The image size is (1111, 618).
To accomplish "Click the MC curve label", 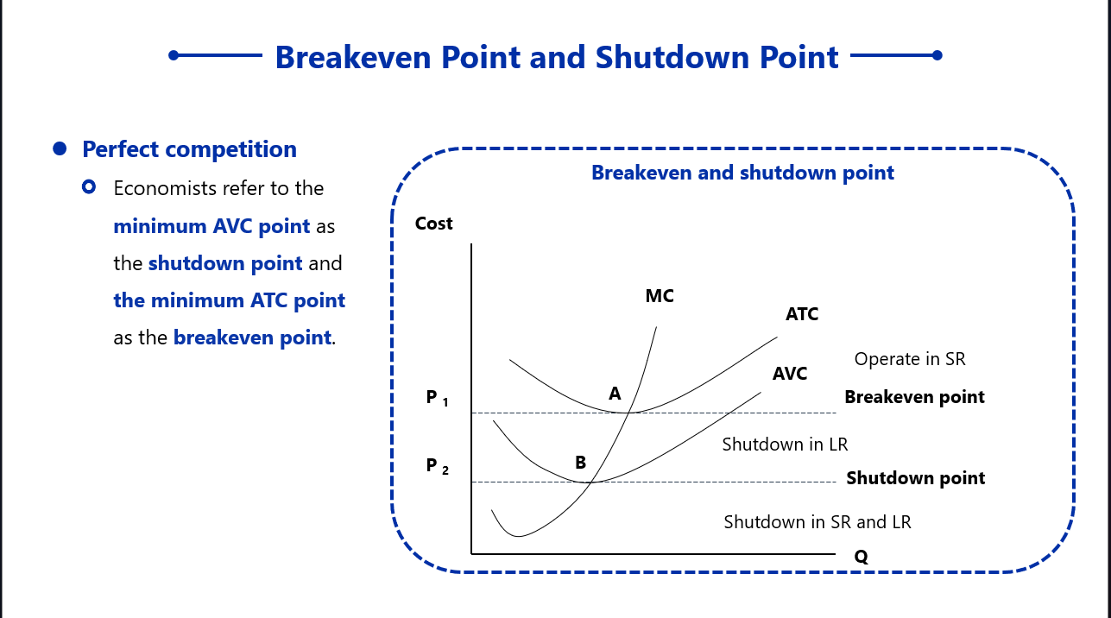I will (660, 296).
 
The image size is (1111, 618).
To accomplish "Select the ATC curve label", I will (802, 314).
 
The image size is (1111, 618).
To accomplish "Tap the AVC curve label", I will (790, 374).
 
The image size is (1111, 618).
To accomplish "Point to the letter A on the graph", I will (615, 394).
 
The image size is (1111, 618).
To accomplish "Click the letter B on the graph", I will (581, 463).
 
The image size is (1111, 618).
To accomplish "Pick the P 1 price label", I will (438, 398).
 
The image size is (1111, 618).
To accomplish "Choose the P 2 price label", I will (438, 466).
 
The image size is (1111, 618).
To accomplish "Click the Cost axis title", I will (433, 224).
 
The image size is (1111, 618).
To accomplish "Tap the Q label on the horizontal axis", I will (861, 557).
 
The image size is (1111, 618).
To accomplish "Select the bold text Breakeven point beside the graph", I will (914, 397).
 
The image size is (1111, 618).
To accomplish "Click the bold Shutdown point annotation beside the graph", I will (915, 478).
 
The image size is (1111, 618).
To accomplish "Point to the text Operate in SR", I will (910, 359).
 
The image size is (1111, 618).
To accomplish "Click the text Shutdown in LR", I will (785, 445).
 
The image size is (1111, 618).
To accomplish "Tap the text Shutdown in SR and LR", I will (817, 522).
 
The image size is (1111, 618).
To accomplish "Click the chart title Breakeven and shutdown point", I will (742, 173).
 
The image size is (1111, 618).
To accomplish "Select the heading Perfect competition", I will (189, 149).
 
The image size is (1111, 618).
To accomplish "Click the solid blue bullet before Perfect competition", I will (60, 149).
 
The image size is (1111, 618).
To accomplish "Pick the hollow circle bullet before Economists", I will (88, 187).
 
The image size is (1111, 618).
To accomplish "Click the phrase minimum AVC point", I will (211, 227).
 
